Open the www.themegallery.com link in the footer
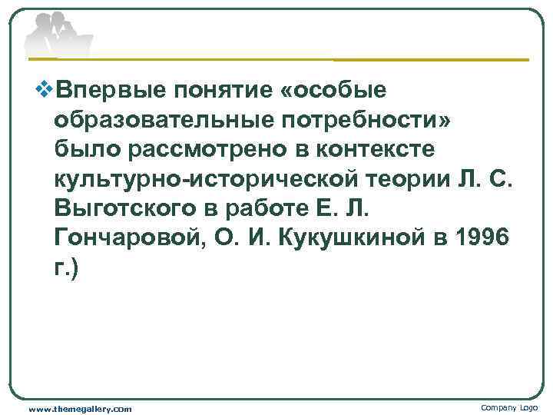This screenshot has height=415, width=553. coord(80,409)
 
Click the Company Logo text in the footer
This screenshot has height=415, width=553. coord(510,407)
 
